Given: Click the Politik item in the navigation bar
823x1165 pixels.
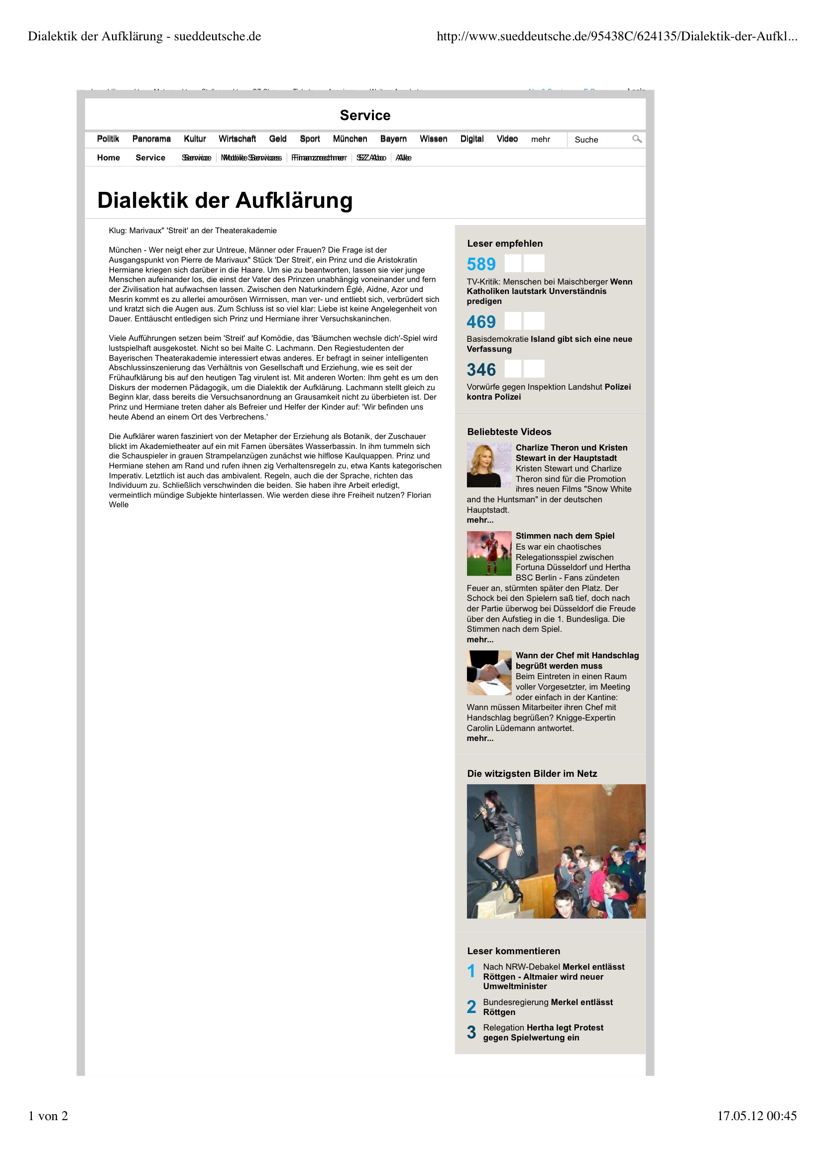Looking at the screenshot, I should click(x=108, y=139).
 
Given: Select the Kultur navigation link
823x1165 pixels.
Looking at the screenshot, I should click(x=195, y=139).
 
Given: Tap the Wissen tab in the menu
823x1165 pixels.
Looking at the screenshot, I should click(x=433, y=139).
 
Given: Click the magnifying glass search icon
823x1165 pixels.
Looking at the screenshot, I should click(x=636, y=139).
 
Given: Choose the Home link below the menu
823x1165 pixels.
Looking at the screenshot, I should click(x=109, y=158).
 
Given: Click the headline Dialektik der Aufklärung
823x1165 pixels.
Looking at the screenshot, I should click(x=225, y=200).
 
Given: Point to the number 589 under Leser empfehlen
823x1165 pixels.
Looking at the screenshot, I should click(x=481, y=265).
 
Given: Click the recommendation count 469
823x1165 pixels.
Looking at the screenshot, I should click(x=481, y=322).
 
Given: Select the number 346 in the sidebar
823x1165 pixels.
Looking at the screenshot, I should click(x=481, y=369).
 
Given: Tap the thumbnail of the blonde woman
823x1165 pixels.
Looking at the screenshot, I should click(x=489, y=465).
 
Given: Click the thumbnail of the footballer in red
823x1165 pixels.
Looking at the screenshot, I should click(x=489, y=553).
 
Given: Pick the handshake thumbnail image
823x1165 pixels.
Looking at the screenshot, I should click(x=489, y=672).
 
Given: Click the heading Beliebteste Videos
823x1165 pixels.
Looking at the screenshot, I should click(x=509, y=432).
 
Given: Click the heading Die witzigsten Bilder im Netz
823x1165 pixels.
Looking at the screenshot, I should click(x=532, y=774).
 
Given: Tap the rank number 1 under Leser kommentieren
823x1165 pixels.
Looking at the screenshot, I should click(x=471, y=971).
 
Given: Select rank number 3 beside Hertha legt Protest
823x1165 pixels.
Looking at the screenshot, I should click(x=471, y=1032).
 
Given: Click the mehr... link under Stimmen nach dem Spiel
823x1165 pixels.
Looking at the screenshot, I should click(x=479, y=640).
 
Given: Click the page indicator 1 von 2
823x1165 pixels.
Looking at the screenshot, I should click(x=48, y=1116).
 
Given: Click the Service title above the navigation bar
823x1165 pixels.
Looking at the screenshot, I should click(x=365, y=116).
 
